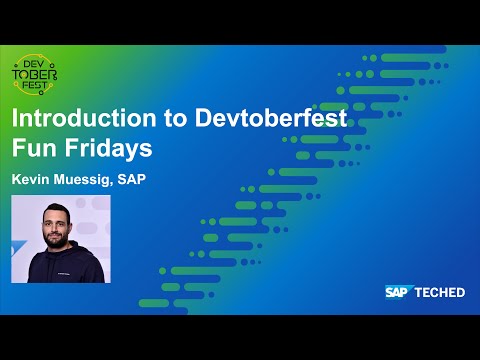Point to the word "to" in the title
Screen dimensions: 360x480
point(169,118)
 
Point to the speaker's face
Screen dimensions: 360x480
point(55,226)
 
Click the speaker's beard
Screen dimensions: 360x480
point(56,237)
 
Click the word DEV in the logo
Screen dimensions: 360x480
point(35,63)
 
